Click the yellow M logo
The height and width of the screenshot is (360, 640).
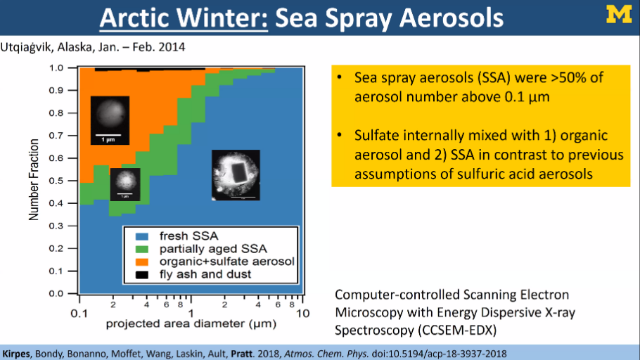(x=619, y=14)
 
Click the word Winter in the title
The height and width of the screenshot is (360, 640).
(x=222, y=18)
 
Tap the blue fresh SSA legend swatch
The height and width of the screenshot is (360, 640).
(x=142, y=236)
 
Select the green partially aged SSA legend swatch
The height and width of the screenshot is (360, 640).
(x=142, y=249)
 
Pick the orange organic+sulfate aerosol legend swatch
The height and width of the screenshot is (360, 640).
(x=142, y=262)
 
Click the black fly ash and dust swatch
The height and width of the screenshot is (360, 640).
(x=142, y=275)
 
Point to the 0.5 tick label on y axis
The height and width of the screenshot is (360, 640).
(x=56, y=181)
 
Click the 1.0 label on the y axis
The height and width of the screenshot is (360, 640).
(x=56, y=67)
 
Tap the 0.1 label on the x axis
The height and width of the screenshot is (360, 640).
(x=79, y=314)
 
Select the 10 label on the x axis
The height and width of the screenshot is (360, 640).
(x=302, y=314)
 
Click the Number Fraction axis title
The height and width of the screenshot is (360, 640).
(x=34, y=179)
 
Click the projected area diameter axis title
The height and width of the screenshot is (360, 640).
(x=191, y=324)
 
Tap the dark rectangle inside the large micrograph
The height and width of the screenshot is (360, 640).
(x=237, y=172)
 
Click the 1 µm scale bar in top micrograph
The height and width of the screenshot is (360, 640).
(x=108, y=135)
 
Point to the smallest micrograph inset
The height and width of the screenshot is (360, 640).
(x=125, y=184)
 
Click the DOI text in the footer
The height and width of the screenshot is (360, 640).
(x=439, y=354)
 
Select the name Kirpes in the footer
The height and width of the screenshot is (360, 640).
(x=16, y=354)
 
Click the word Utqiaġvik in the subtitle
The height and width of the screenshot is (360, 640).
(x=27, y=47)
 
